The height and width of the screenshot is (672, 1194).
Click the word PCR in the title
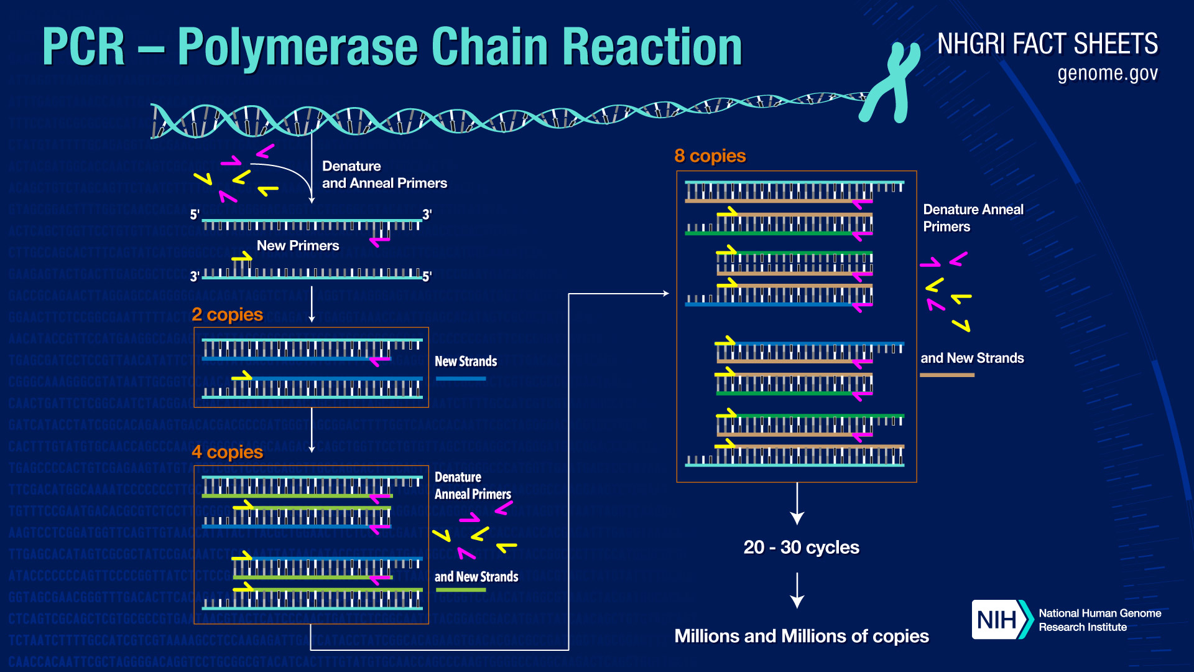point(83,47)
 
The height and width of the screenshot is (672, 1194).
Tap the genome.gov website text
point(1107,73)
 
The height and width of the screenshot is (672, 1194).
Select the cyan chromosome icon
point(891,82)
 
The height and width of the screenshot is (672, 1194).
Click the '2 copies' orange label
point(227,315)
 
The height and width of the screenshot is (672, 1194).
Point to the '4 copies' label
point(227,452)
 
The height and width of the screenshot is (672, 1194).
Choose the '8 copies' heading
point(710,156)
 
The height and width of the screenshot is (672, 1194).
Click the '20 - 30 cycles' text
point(801,548)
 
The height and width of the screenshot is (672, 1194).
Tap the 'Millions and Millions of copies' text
point(801,637)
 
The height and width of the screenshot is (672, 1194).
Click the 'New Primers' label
point(298,246)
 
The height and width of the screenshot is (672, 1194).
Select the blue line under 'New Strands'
point(460,378)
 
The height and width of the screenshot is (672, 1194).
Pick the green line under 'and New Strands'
point(460,590)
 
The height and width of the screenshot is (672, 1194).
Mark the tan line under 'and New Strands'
point(946,375)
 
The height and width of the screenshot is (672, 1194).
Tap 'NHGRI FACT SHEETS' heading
point(1047,44)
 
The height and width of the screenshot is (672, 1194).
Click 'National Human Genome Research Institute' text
point(1099,620)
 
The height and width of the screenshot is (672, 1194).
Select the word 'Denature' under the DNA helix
point(351,166)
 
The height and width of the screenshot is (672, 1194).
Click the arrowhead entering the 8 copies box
point(665,294)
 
